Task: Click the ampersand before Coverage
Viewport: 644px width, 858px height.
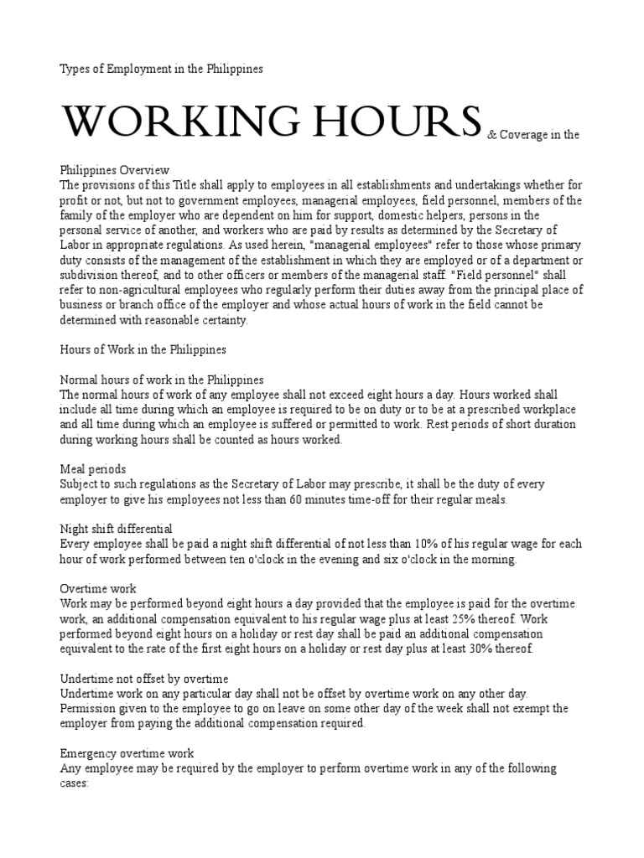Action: click(491, 134)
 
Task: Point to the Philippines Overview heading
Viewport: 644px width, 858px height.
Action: click(115, 170)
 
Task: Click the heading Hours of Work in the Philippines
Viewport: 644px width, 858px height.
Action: click(143, 349)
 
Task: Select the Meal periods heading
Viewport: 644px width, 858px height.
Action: click(93, 469)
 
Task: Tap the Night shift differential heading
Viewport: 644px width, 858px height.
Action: click(117, 530)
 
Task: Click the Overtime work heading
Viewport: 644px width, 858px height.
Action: click(98, 589)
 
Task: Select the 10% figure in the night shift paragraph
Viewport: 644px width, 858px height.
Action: click(386, 545)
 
